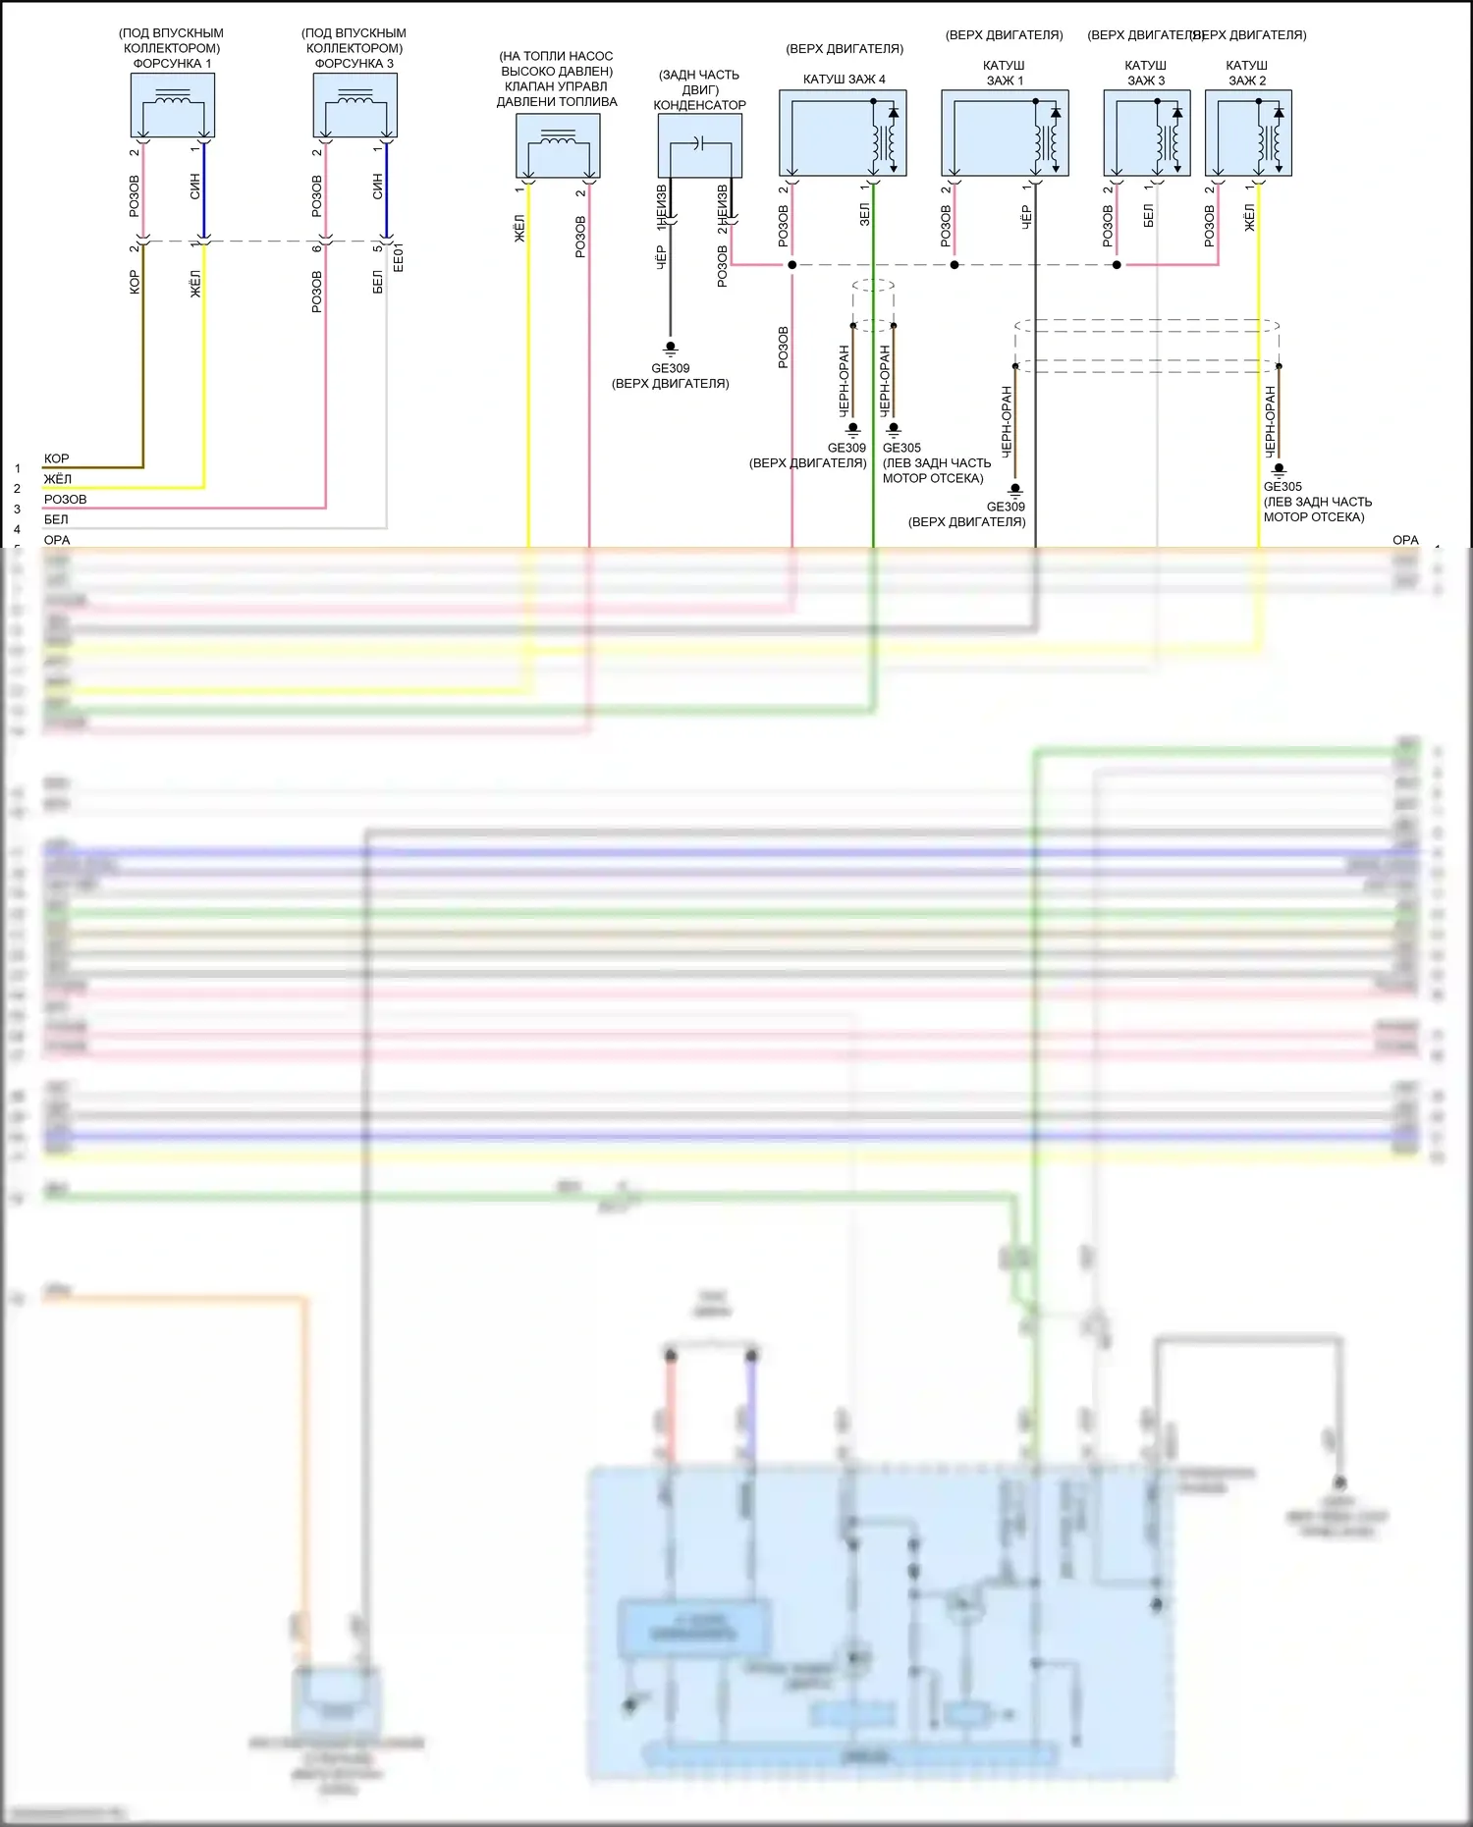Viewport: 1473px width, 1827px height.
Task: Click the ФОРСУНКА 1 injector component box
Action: click(172, 105)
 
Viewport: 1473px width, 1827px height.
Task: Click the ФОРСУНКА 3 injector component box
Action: click(355, 105)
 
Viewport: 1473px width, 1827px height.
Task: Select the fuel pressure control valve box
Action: click(558, 145)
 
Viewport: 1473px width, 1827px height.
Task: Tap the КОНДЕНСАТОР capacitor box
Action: click(699, 145)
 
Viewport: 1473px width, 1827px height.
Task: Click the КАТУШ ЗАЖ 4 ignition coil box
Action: click(843, 134)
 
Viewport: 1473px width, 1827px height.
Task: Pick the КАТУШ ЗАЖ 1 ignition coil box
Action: click(1005, 134)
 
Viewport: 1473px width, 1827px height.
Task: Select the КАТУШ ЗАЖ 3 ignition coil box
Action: click(1146, 134)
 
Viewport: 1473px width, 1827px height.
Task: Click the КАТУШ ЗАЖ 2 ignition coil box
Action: click(1247, 134)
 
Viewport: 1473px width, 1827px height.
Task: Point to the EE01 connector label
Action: click(398, 257)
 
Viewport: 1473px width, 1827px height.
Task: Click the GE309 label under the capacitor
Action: click(671, 368)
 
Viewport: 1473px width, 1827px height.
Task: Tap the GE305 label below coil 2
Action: click(1282, 486)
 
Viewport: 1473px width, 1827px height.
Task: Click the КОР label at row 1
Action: click(56, 458)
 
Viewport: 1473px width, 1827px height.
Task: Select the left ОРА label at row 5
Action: click(57, 540)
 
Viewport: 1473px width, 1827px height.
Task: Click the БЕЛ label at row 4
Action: click(56, 519)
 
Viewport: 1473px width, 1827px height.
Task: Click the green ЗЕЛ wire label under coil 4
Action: click(864, 215)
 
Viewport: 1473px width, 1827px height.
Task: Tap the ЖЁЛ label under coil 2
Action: click(1249, 218)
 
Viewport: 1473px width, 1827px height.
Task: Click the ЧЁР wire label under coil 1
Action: click(1026, 217)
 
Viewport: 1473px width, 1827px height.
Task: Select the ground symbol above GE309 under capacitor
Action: click(671, 348)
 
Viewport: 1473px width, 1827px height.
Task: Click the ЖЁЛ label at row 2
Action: click(57, 479)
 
